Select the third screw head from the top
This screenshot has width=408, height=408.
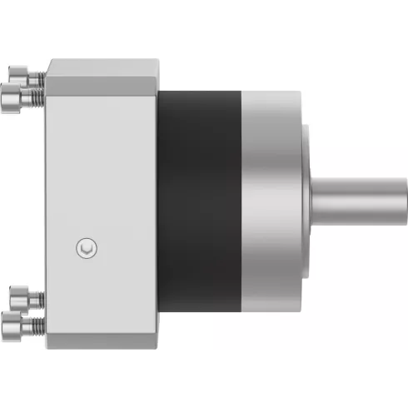18,296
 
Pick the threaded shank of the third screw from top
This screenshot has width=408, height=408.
37,296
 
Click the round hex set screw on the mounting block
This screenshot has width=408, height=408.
86,247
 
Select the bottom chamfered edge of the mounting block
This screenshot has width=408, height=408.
100,344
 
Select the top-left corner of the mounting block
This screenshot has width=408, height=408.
48,60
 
